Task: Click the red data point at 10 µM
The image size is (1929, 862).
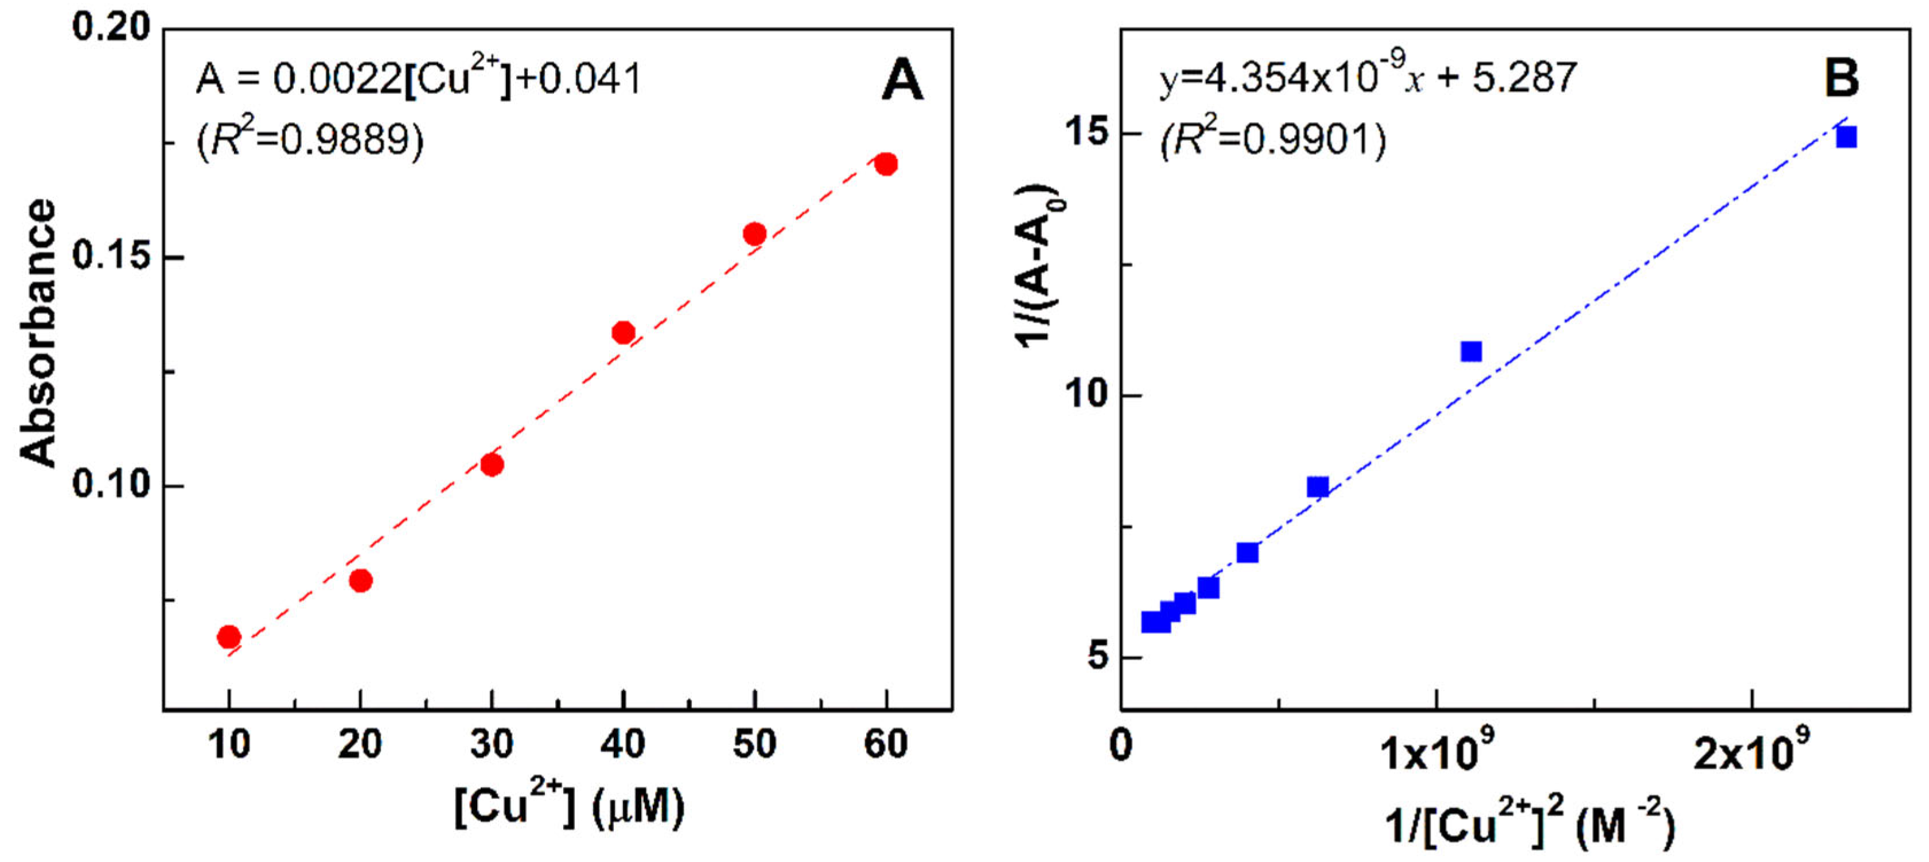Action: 228,637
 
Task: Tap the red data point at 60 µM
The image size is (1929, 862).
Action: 886,164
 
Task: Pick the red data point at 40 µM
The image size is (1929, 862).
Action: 623,332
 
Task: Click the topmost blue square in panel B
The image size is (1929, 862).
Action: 1846,137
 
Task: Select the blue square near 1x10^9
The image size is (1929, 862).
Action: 1471,351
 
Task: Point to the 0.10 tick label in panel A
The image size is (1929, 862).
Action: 111,485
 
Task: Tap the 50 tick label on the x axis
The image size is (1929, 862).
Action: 754,745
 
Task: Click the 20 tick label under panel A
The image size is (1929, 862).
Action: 360,745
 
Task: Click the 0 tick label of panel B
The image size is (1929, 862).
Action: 1121,746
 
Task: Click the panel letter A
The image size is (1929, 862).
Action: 902,80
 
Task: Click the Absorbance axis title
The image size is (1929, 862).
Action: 37,333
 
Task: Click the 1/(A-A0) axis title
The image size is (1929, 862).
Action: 1039,265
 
